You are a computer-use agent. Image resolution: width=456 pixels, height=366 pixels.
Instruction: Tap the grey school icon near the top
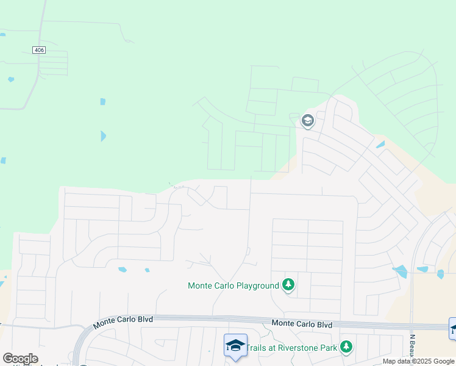(x=307, y=121)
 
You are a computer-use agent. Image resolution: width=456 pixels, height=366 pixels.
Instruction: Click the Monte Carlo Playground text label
(x=233, y=285)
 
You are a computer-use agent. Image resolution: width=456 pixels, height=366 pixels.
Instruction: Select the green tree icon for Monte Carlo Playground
(x=288, y=285)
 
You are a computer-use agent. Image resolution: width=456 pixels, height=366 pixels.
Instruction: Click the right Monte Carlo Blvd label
(x=302, y=324)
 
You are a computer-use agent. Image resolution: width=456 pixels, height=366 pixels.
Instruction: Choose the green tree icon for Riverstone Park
(x=346, y=346)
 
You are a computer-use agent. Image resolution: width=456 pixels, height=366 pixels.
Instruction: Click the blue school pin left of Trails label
(x=235, y=345)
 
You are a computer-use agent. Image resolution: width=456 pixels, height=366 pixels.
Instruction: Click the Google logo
(x=20, y=359)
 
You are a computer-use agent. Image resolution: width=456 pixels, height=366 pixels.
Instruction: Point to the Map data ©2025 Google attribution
(x=419, y=361)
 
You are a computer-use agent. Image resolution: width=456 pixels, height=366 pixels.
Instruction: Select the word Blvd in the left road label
(x=143, y=319)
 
